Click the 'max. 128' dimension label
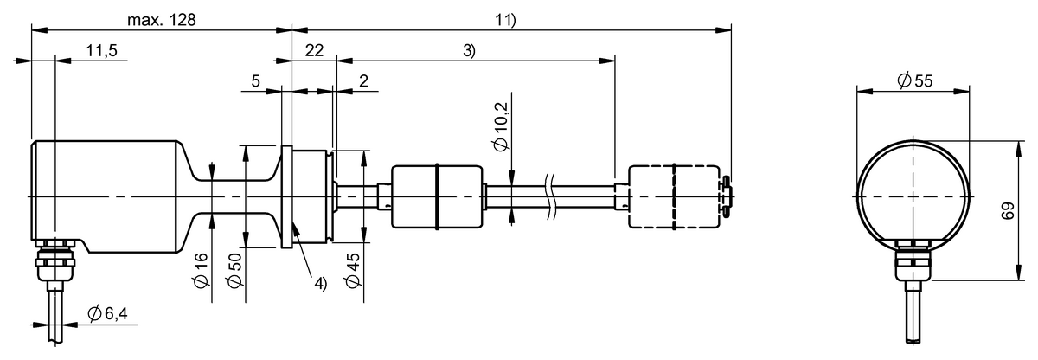pos(163,19)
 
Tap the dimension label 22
pos(313,52)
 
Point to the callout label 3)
pos(468,52)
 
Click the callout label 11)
pos(505,19)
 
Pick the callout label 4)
pos(319,283)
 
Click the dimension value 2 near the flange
pos(363,81)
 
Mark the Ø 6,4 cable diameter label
pos(109,316)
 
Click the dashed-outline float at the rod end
pos(673,196)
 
